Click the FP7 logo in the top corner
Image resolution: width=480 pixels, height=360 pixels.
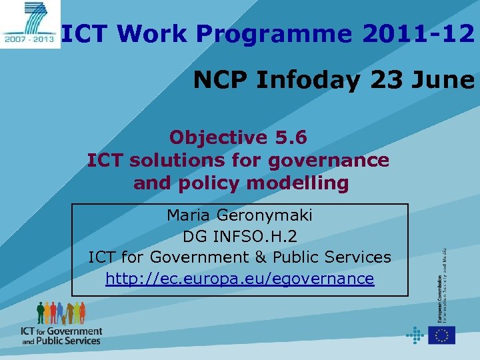pyautogui.click(x=29, y=24)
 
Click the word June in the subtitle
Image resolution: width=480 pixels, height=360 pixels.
pyautogui.click(x=443, y=80)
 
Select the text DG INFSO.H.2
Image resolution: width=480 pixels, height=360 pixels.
pyautogui.click(x=239, y=237)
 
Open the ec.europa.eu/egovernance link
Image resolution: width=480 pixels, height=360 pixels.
pyautogui.click(x=239, y=279)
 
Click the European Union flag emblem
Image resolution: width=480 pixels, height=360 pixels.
pyautogui.click(x=442, y=335)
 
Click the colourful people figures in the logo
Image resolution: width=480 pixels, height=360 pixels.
pyautogui.click(x=61, y=313)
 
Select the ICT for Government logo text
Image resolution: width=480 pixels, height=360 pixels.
pyautogui.click(x=61, y=335)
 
